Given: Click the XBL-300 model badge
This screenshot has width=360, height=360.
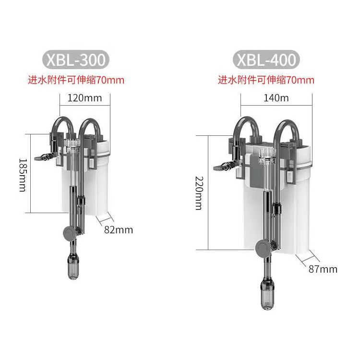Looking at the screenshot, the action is (x=76, y=60).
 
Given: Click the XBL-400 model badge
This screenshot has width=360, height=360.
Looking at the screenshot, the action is (x=266, y=60).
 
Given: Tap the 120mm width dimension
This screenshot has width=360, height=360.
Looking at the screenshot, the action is (x=84, y=98).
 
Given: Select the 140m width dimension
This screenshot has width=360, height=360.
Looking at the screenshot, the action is (x=276, y=98).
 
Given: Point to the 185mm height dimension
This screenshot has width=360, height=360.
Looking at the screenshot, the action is (x=23, y=175).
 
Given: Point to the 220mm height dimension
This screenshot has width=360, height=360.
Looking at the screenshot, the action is (x=199, y=193).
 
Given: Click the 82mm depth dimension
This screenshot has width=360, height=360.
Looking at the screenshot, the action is (x=119, y=230).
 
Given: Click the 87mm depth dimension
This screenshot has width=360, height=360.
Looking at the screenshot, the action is (x=323, y=269).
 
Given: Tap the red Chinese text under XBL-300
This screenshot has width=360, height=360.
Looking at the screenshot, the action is (x=76, y=80).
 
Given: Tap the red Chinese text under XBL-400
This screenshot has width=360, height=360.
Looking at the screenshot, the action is (x=266, y=80).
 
